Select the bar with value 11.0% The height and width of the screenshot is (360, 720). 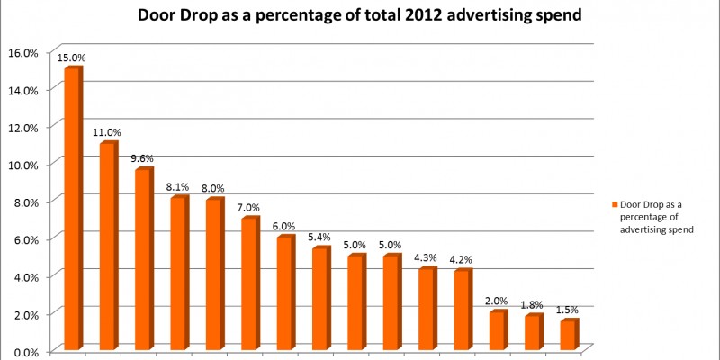[108, 246]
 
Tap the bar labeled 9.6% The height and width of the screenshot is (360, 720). [143, 259]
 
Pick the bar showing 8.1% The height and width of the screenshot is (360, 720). [179, 273]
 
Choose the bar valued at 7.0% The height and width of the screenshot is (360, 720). [249, 283]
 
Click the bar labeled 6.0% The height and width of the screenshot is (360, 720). [285, 292]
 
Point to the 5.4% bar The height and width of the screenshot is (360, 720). [320, 298]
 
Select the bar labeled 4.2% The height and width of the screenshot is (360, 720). [462, 310]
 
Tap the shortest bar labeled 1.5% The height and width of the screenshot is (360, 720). [568, 334]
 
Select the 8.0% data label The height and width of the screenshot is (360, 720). [214, 189]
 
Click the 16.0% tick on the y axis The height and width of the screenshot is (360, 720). [24, 52]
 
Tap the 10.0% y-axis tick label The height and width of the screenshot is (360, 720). [24, 165]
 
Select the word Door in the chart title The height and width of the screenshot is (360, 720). [155, 15]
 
